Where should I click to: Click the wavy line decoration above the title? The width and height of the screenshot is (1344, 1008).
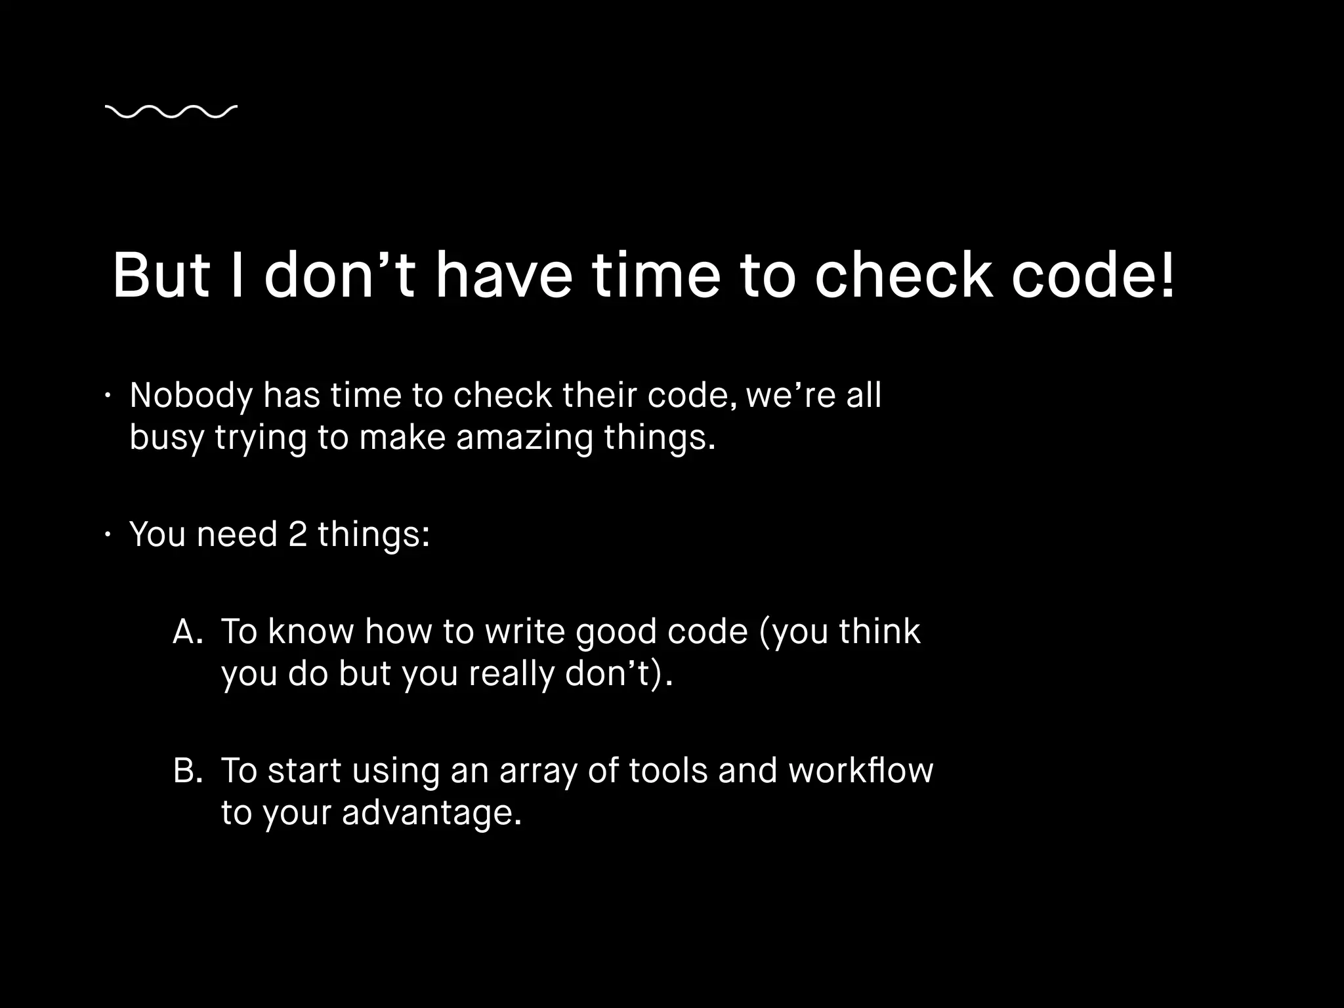click(x=171, y=112)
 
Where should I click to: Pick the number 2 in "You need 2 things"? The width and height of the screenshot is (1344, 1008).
click(x=297, y=534)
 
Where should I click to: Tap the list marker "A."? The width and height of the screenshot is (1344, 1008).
click(x=187, y=631)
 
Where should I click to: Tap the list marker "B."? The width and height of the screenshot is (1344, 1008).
click(x=187, y=770)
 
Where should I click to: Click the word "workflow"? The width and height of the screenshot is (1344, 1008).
click(x=860, y=770)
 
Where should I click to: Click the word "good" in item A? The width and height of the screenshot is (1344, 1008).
click(x=616, y=633)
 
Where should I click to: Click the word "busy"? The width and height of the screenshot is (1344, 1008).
click(x=167, y=438)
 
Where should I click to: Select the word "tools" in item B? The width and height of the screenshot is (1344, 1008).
click(x=668, y=770)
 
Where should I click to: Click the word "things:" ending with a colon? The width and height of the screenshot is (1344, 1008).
click(x=373, y=535)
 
